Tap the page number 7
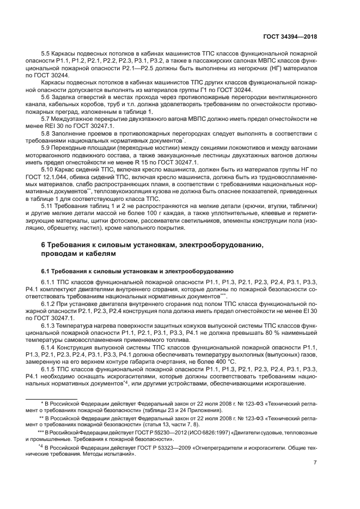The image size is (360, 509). click(x=315, y=463)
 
